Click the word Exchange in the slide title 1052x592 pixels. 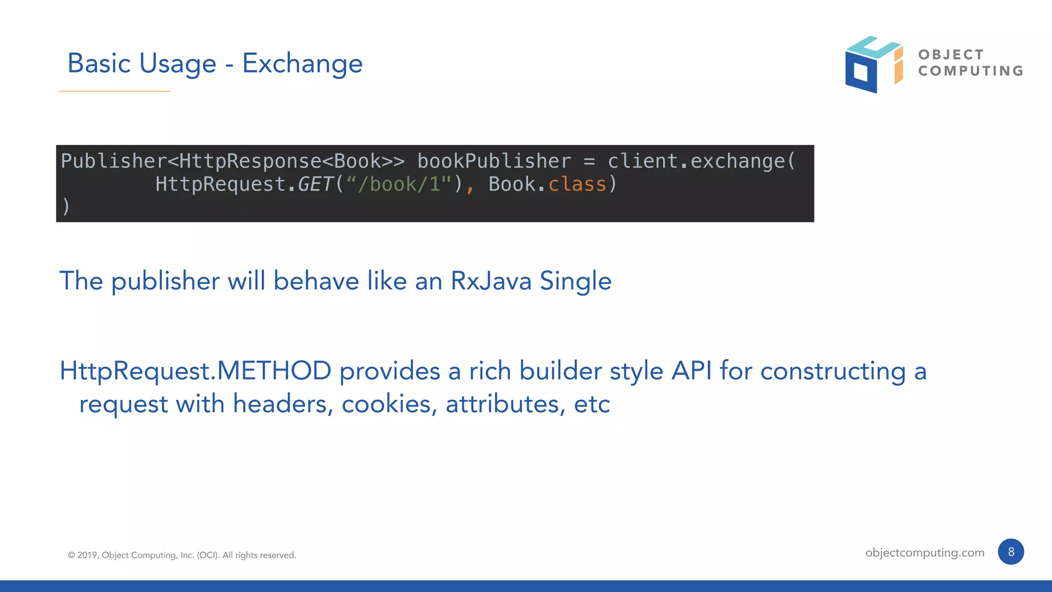(302, 64)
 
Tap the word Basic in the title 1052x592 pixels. (99, 64)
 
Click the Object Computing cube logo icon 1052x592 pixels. (873, 64)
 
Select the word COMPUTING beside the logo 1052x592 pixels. (971, 71)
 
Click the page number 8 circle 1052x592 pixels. (1010, 552)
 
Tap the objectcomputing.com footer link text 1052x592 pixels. (925, 552)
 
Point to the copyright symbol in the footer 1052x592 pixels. (71, 555)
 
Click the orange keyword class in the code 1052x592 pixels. (577, 184)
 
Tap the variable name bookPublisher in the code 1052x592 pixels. (494, 161)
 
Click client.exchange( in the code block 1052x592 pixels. (701, 161)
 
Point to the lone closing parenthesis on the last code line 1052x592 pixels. (65, 206)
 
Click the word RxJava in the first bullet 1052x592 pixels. (491, 281)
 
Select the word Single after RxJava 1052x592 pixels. (575, 281)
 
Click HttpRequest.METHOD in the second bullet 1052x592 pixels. (195, 371)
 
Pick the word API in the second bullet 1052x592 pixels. (691, 371)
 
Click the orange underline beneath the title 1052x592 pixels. (115, 91)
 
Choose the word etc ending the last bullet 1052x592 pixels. (592, 404)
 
